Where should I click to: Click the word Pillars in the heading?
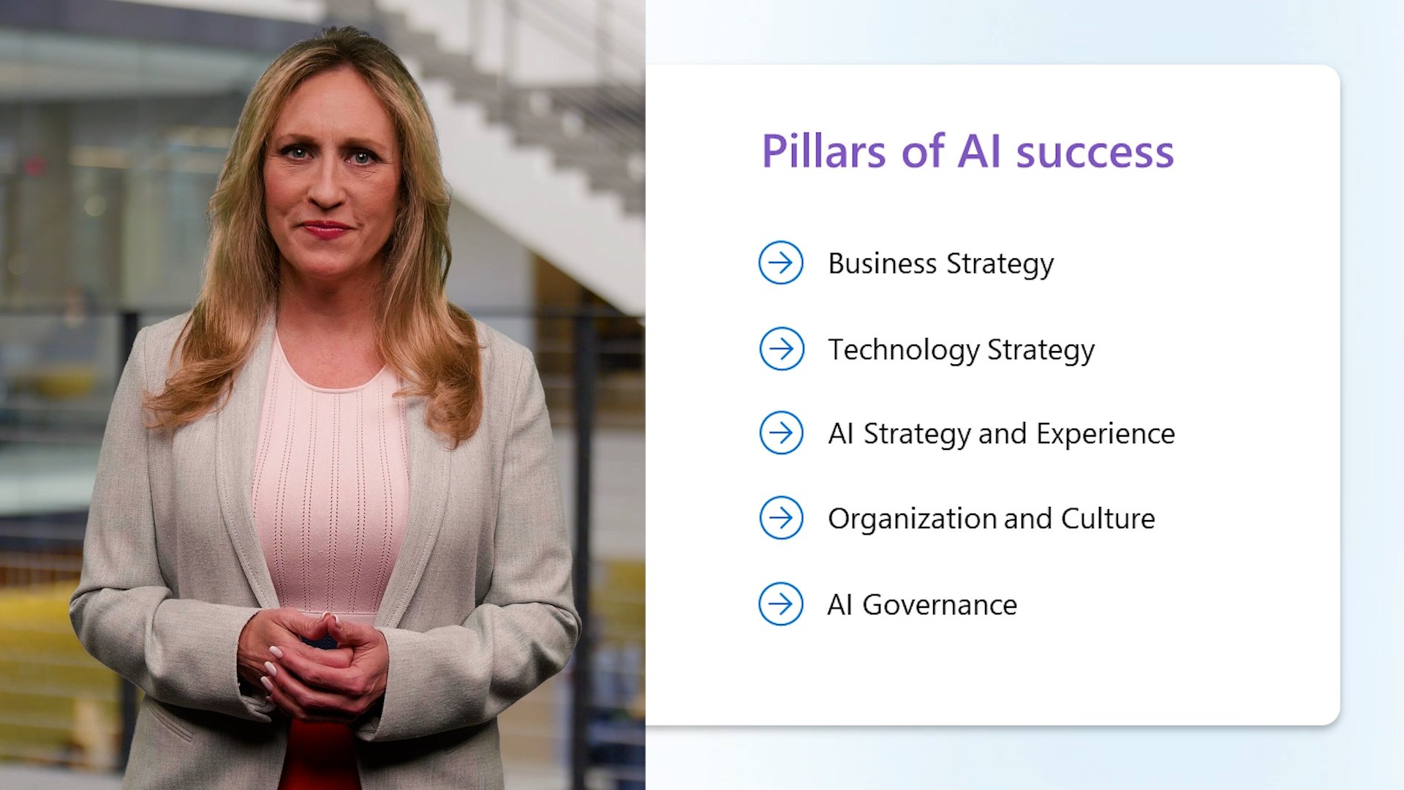pyautogui.click(x=823, y=151)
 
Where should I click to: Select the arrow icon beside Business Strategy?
pyautogui.click(x=780, y=263)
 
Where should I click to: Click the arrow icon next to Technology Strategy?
pyautogui.click(x=781, y=349)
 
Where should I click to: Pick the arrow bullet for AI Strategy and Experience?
pyautogui.click(x=781, y=433)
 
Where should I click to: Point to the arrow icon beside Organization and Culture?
pyautogui.click(x=781, y=518)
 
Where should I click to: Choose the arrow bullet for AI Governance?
pyautogui.click(x=780, y=604)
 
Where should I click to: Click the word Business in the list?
pyautogui.click(x=882, y=263)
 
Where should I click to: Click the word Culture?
pyautogui.click(x=1108, y=519)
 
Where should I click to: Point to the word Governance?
pyautogui.click(x=940, y=605)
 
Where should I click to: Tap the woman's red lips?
pyautogui.click(x=325, y=230)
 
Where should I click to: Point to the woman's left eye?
pyautogui.click(x=363, y=156)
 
